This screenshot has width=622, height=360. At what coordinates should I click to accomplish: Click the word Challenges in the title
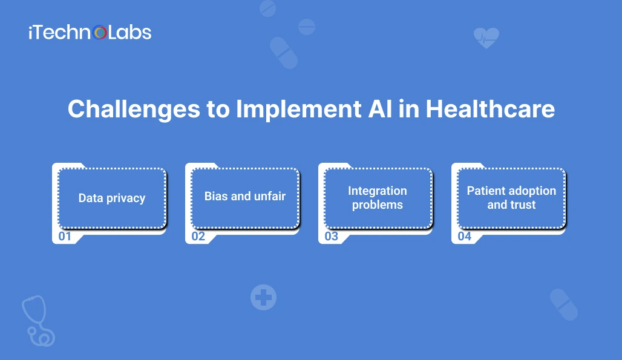134,110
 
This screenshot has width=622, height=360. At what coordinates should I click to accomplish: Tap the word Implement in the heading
299,110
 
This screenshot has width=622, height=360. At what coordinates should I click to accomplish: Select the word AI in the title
381,109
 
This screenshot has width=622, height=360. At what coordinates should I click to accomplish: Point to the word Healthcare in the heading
490,109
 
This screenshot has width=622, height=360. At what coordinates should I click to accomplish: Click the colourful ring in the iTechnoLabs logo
100,33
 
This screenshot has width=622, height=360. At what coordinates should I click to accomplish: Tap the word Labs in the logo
129,32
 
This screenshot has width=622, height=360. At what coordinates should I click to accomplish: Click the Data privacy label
112,198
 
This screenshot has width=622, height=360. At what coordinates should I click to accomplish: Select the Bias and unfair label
245,196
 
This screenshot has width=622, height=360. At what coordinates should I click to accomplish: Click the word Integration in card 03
377,191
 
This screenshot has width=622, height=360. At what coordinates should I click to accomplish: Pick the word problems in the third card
377,205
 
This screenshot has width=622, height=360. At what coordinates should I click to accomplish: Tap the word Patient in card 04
486,191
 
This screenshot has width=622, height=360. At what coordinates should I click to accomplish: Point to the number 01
65,237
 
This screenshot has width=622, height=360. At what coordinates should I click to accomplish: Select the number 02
198,237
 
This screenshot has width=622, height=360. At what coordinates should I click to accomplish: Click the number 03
331,237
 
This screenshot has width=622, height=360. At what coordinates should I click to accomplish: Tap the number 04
465,237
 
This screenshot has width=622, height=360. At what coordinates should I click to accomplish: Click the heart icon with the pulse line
486,38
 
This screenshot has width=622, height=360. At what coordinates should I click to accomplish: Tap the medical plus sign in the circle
263,297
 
